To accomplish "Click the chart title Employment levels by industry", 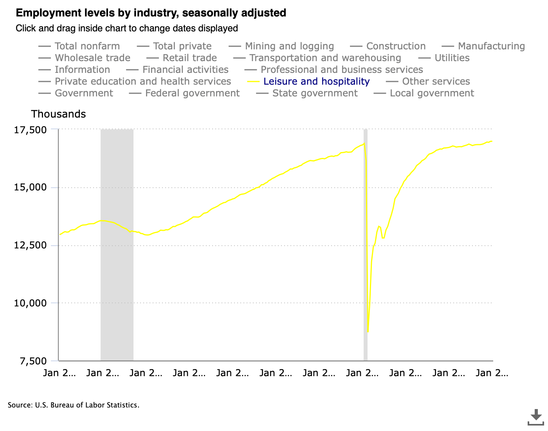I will (x=151, y=13).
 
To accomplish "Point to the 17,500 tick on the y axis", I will (x=30, y=130).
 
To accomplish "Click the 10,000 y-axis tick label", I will (x=30, y=303).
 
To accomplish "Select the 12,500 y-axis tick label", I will (x=30, y=246).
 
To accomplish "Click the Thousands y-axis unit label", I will (x=58, y=114).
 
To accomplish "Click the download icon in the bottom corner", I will (x=536, y=417).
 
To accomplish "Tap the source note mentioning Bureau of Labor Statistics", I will (x=74, y=405).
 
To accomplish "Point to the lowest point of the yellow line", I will (x=368, y=332).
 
